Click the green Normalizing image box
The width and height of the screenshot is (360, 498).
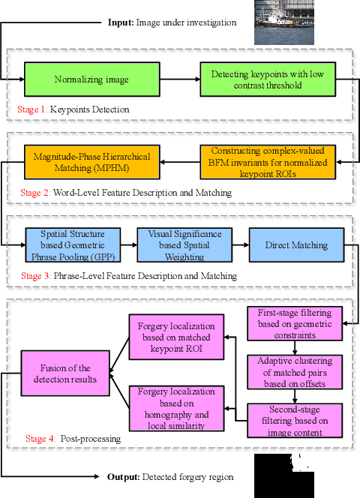point(91,79)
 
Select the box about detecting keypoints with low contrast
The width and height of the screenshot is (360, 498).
point(267,79)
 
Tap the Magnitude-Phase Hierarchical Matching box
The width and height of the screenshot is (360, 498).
point(91,163)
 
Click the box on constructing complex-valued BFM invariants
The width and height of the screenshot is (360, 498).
point(267,163)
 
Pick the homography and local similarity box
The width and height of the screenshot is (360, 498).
point(177,409)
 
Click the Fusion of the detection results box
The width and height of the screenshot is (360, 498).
point(64,373)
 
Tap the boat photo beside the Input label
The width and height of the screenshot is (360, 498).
point(279,23)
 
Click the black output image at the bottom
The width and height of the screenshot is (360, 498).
point(279,475)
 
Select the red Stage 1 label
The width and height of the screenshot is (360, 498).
point(32,109)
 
